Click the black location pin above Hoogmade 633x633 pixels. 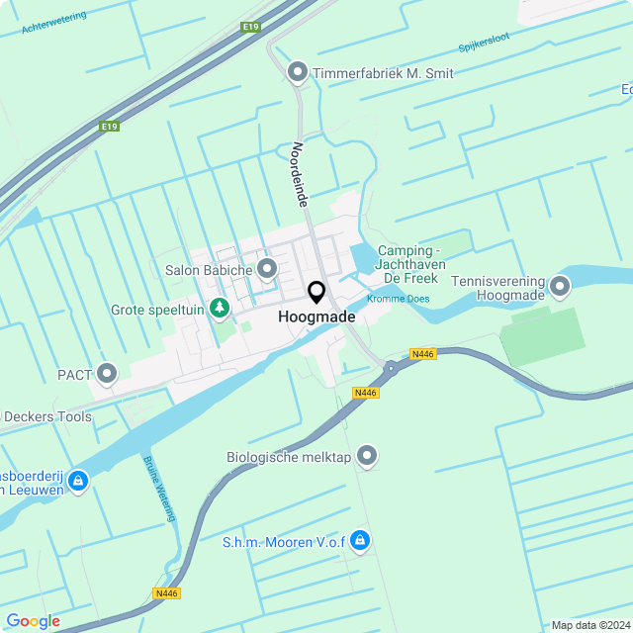pos(316,293)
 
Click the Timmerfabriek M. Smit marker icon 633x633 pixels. pos(297,72)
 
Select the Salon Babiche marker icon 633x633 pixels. pos(266,269)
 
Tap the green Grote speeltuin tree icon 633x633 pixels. pos(220,309)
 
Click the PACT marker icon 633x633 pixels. pos(107,374)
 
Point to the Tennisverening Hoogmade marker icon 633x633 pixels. pos(561,288)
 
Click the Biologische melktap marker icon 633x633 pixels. pos(367,456)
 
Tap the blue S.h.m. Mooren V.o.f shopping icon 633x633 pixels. pos(360,540)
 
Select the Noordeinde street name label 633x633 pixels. pos(301,173)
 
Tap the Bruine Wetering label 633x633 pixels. pos(159,488)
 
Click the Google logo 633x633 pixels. pos(33,621)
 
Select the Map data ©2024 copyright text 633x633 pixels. pos(590,625)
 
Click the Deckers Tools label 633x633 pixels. pos(46,416)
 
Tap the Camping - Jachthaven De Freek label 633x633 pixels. pos(411,265)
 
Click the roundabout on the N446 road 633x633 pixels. pos(393,369)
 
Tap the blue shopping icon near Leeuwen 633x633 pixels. pos(78,482)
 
